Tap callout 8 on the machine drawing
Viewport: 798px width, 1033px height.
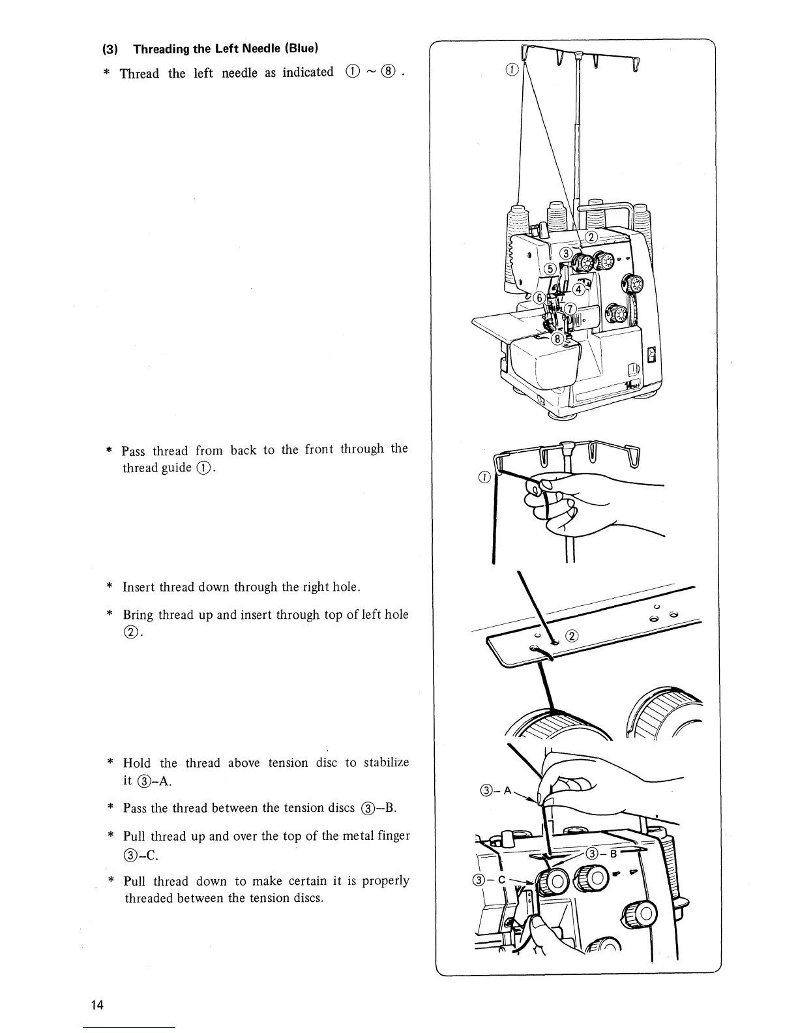tap(557, 338)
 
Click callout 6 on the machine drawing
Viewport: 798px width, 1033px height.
tap(539, 298)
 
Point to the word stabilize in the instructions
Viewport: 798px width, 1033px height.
tap(386, 762)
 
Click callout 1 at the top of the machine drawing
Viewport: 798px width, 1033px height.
tap(512, 70)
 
